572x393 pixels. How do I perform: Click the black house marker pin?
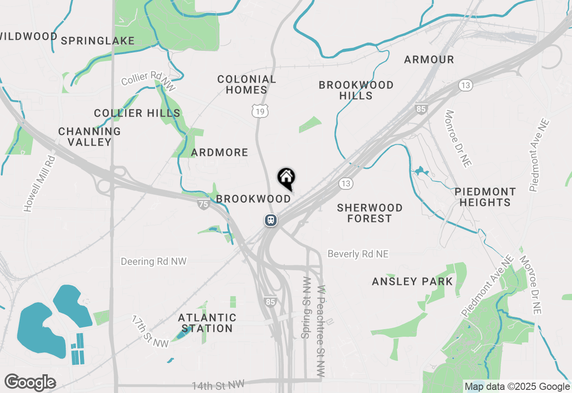pyautogui.click(x=286, y=178)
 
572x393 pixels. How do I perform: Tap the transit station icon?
pyautogui.click(x=270, y=220)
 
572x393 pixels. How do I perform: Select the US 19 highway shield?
pyautogui.click(x=260, y=111)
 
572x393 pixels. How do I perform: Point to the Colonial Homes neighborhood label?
pyautogui.click(x=247, y=84)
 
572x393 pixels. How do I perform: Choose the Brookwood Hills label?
pyautogui.click(x=356, y=90)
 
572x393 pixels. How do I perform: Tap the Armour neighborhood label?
pyautogui.click(x=429, y=59)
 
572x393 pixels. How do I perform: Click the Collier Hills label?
pyautogui.click(x=137, y=113)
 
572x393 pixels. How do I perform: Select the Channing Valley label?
pyautogui.click(x=89, y=137)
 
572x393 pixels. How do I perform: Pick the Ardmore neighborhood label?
pyautogui.click(x=219, y=152)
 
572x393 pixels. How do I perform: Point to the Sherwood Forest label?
pyautogui.click(x=370, y=213)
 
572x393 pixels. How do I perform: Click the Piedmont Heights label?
pyautogui.click(x=485, y=197)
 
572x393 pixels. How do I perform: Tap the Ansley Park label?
pyautogui.click(x=412, y=281)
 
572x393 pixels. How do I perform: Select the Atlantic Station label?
pyautogui.click(x=207, y=323)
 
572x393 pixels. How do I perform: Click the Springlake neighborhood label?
pyautogui.click(x=97, y=41)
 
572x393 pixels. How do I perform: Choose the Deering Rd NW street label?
pyautogui.click(x=154, y=261)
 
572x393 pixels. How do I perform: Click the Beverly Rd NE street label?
pyautogui.click(x=358, y=254)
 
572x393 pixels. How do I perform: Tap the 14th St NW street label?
pyautogui.click(x=219, y=385)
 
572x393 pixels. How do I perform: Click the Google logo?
pyautogui.click(x=30, y=383)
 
